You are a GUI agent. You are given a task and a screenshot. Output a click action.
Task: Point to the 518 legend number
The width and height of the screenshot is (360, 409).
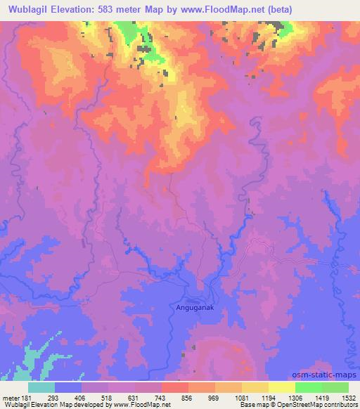coord(108,397)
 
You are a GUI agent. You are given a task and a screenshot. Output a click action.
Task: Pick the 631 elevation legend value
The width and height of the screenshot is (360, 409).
coord(135,397)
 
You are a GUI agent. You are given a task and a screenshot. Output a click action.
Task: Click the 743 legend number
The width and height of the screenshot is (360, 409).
coord(162,397)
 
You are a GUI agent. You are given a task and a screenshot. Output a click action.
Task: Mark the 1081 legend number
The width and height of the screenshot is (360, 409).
coord(241,397)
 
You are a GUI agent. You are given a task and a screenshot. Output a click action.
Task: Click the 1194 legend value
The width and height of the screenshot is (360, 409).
coord(268,397)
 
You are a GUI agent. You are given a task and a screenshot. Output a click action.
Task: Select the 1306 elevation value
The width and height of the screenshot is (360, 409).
coord(295,397)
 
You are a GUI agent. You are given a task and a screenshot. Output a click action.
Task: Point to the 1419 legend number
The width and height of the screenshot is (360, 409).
coord(321,397)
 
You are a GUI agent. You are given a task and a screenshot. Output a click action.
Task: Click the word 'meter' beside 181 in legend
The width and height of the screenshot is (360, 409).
coord(11,397)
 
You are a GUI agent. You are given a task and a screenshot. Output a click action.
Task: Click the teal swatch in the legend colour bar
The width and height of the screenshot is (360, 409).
coord(41,387)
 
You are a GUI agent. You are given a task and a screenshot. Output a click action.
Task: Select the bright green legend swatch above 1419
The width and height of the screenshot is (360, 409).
coord(309,387)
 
